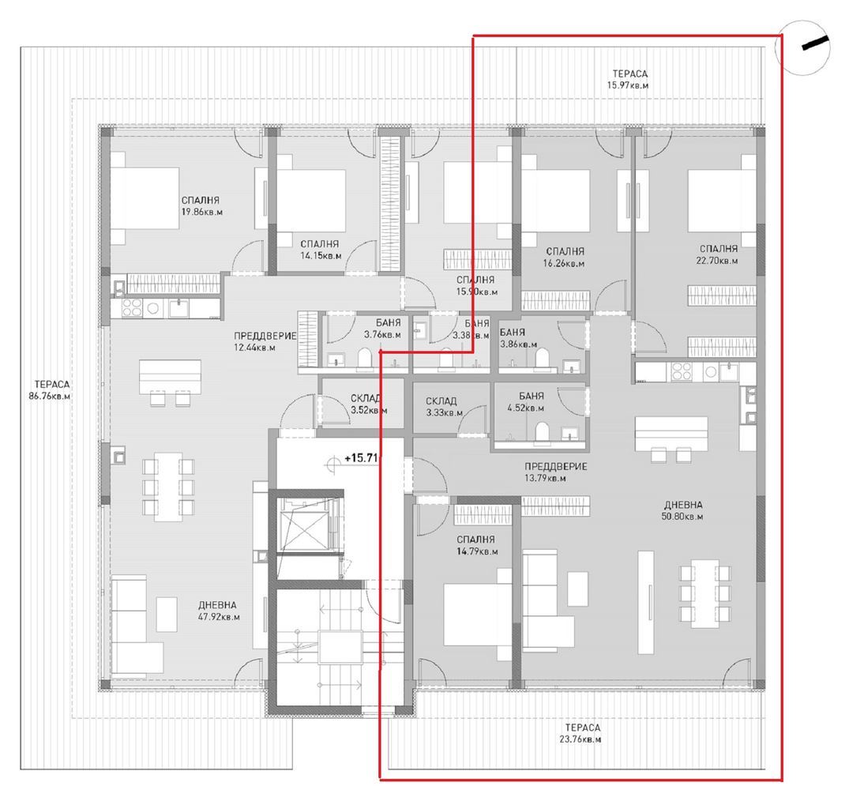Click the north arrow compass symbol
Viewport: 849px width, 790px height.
[x=804, y=48]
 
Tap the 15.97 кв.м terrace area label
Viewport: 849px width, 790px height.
[x=629, y=79]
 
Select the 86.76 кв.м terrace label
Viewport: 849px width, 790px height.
[x=48, y=391]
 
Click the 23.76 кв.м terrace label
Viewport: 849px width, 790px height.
[x=582, y=733]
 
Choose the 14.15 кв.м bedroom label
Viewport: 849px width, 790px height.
[x=320, y=250]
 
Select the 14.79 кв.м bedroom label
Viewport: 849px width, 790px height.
[x=475, y=546]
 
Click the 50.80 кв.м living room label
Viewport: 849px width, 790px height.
[x=683, y=510]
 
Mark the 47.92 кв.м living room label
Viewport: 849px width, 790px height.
[x=220, y=611]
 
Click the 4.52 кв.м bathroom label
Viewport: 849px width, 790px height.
[x=526, y=402]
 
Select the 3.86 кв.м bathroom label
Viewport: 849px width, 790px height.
[x=519, y=339]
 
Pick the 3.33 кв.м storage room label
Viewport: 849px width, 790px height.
[x=441, y=407]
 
